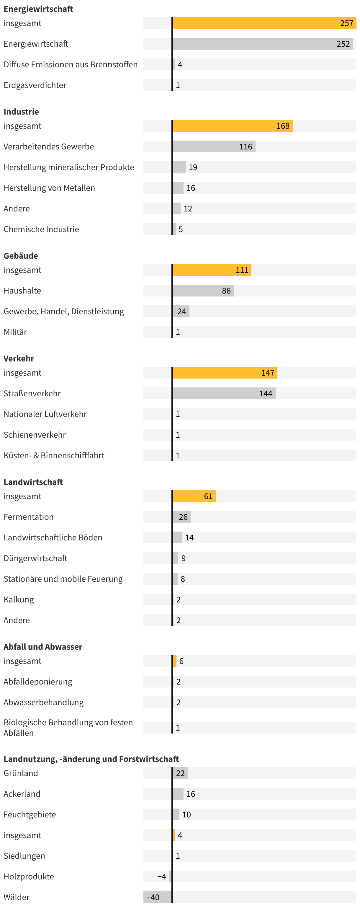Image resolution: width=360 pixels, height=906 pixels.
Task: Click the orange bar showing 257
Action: (x=264, y=23)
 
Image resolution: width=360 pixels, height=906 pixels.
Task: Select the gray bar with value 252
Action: (x=262, y=44)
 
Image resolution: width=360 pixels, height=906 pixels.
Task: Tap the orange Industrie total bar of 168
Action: (x=232, y=126)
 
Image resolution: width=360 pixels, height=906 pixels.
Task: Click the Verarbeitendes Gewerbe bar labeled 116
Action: (x=213, y=147)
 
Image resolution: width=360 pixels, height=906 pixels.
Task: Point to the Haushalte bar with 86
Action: (x=203, y=291)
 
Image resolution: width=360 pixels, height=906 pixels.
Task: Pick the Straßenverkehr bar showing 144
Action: (x=224, y=394)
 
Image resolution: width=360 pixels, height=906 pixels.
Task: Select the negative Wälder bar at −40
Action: (x=158, y=897)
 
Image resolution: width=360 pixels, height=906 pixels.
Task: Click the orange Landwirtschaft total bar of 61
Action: (x=194, y=496)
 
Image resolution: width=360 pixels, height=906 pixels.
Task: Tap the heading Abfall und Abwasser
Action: (x=43, y=647)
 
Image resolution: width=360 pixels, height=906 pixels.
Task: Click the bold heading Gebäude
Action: (x=21, y=256)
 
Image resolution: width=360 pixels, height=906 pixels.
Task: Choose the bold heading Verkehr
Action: (x=19, y=359)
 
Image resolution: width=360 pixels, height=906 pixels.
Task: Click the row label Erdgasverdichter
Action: (x=35, y=85)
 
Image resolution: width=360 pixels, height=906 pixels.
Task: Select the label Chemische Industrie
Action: (x=41, y=229)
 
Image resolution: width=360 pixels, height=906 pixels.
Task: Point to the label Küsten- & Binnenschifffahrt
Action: (x=54, y=455)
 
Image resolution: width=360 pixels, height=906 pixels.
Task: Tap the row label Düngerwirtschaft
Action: (x=35, y=558)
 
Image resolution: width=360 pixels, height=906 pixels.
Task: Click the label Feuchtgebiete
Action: (x=30, y=814)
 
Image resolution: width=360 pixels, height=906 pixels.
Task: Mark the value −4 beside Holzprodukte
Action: (x=161, y=876)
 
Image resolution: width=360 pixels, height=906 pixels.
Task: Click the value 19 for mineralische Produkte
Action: (x=193, y=167)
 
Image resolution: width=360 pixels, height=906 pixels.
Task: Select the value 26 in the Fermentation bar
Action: (x=183, y=517)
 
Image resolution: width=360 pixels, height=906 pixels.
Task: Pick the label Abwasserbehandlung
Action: (x=44, y=702)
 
